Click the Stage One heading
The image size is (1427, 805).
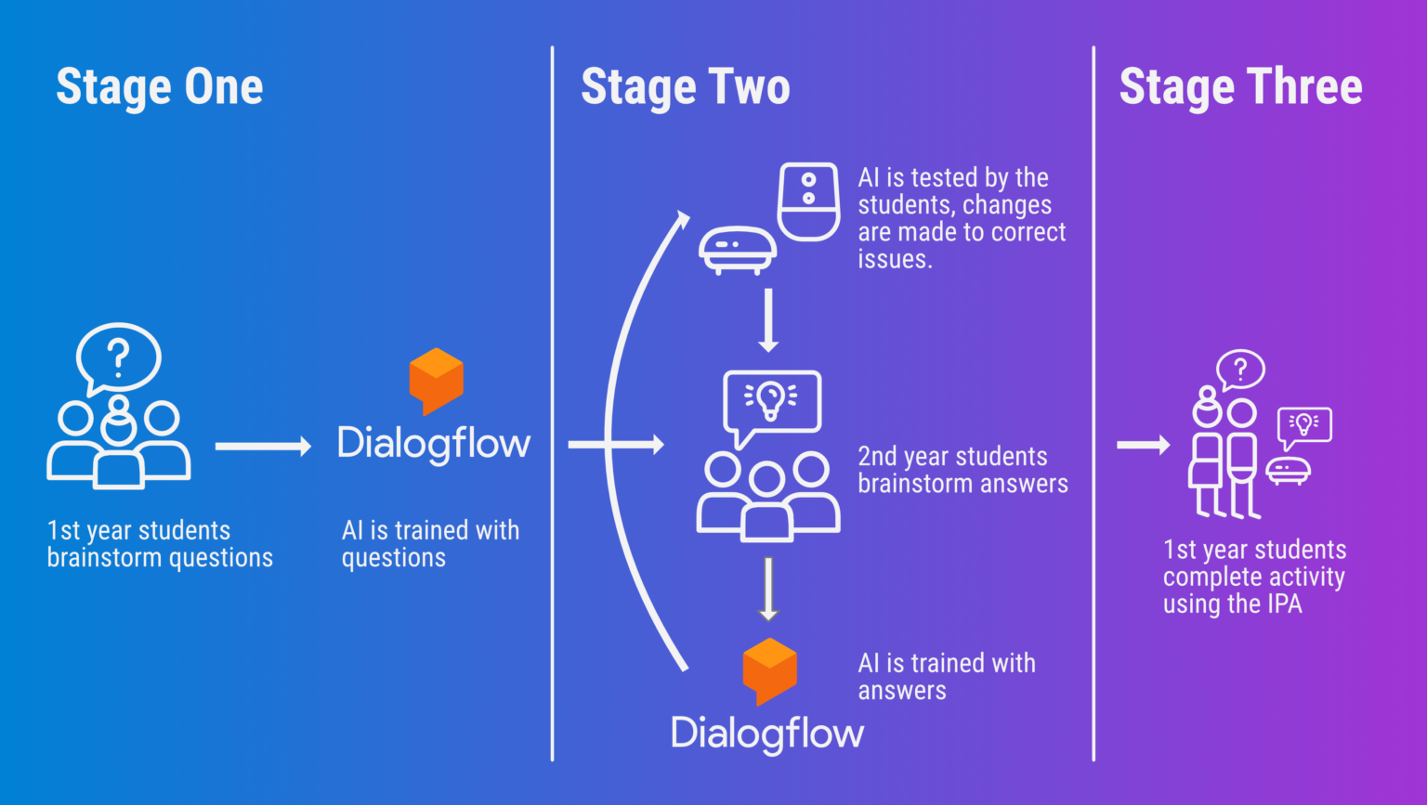tap(159, 87)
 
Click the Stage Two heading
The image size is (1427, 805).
tap(685, 87)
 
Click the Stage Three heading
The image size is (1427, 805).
tap(1240, 87)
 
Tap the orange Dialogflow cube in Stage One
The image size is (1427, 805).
tap(436, 380)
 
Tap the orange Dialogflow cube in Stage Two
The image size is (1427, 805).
tap(769, 670)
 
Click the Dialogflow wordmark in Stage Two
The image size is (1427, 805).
tap(767, 734)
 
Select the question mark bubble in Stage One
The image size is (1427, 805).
tap(118, 357)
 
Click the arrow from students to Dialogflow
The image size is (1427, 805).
tap(263, 447)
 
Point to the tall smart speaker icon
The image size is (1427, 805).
tap(808, 201)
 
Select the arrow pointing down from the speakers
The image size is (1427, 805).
tap(767, 320)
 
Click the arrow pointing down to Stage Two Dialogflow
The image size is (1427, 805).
tap(767, 589)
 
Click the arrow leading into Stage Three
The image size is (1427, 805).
tap(1143, 445)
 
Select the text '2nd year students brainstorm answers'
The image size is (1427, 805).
tap(962, 470)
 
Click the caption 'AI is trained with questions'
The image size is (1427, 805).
tap(429, 543)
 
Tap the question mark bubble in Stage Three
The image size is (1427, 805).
tap(1240, 370)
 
